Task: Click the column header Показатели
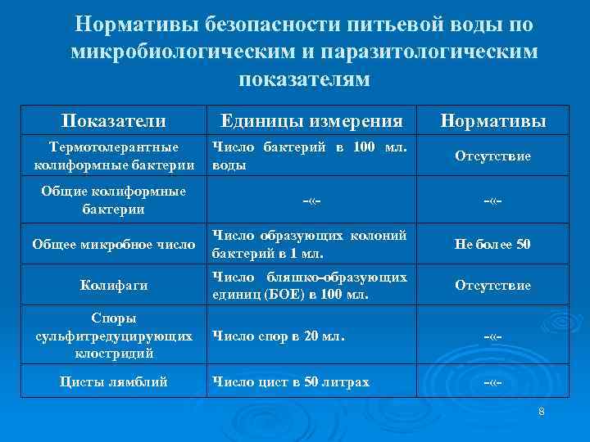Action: click(113, 121)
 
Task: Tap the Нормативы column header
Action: click(493, 121)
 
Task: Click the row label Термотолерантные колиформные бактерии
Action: click(114, 156)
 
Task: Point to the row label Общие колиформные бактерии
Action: click(114, 200)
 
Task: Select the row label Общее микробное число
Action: click(114, 243)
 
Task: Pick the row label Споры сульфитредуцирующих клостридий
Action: click(114, 336)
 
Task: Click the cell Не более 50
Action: click(493, 243)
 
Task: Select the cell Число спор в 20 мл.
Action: click(279, 335)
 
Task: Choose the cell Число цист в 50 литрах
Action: click(291, 381)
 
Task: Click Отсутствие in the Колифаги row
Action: click(493, 286)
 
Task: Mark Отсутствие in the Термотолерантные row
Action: click(493, 156)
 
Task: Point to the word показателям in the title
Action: click(304, 79)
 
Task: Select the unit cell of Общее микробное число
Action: click(309, 243)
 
